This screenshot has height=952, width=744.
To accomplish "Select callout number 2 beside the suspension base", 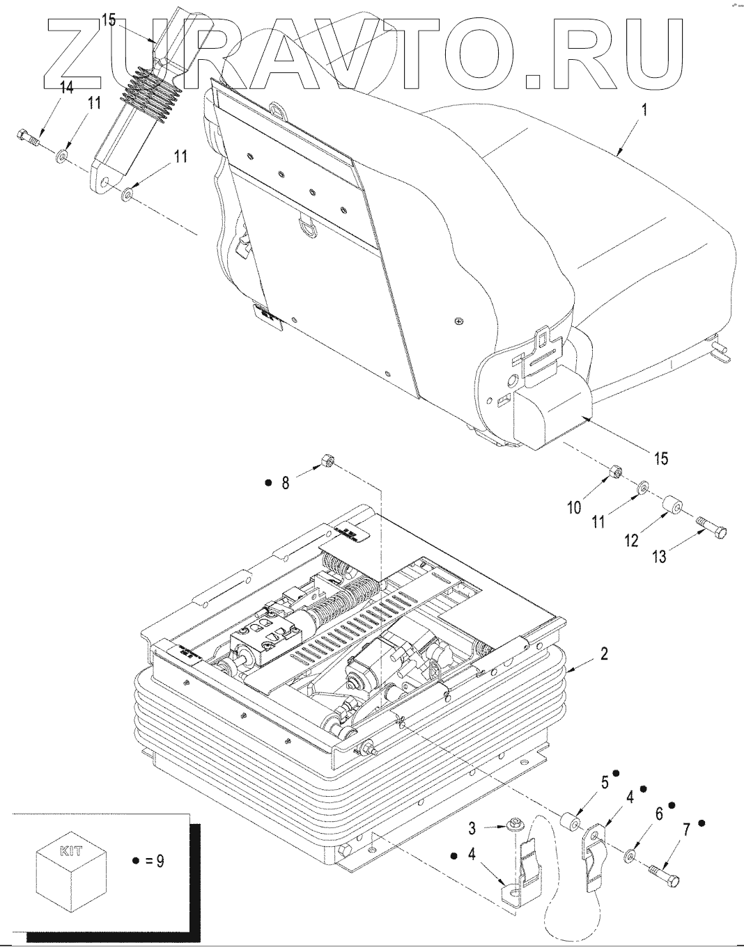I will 604,653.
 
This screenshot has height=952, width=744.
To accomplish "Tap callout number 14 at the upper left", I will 66,88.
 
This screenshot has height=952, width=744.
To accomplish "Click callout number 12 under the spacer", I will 631,540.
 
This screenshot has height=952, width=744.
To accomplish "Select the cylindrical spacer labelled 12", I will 673,504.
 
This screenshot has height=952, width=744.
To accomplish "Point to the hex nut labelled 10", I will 615,473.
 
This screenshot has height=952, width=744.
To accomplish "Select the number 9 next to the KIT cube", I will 160,861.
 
